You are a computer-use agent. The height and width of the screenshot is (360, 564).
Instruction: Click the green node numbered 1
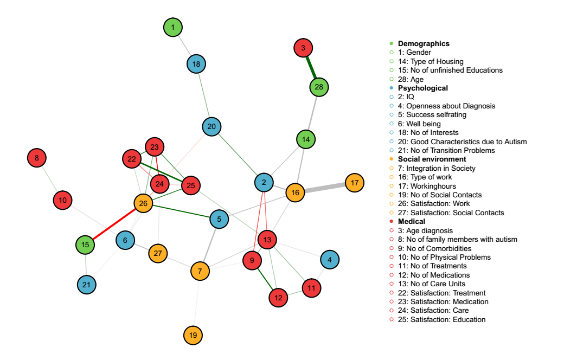pyautogui.click(x=173, y=27)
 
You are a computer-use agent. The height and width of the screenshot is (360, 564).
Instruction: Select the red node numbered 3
pyautogui.click(x=303, y=48)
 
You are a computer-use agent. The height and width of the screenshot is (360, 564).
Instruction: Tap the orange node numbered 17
pyautogui.click(x=355, y=182)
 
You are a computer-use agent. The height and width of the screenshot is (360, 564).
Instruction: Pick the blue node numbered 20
pyautogui.click(x=211, y=127)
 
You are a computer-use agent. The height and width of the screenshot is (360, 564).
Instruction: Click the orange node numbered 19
pyautogui.click(x=193, y=336)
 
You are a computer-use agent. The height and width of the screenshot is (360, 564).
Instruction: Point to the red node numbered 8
pyautogui.click(x=37, y=158)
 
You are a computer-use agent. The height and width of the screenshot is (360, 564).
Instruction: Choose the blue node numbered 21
pyautogui.click(x=87, y=284)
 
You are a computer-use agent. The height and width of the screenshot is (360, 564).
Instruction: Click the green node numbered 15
pyautogui.click(x=85, y=245)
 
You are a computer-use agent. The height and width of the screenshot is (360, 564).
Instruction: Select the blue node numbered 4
pyautogui.click(x=329, y=260)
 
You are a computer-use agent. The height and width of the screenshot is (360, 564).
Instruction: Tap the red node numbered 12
pyautogui.click(x=278, y=297)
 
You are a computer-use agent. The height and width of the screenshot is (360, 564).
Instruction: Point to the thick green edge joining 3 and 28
pyautogui.click(x=311, y=67)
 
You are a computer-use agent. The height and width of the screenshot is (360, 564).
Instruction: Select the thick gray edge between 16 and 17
pyautogui.click(x=325, y=188)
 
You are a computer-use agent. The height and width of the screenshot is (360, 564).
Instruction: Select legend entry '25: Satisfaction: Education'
pyautogui.click(x=443, y=319)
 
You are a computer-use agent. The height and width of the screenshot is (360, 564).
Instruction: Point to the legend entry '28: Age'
pyautogui.click(x=411, y=79)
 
